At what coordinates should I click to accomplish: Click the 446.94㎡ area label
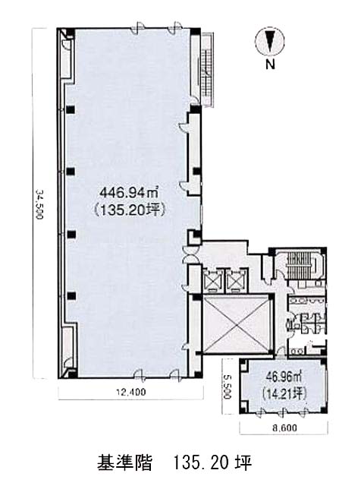[129, 194]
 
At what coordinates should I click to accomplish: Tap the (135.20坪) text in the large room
[130, 210]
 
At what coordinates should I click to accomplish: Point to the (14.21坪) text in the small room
[284, 393]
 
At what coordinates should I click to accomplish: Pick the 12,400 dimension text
[130, 392]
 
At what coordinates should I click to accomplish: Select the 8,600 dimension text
[284, 428]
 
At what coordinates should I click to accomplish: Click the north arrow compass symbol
[270, 41]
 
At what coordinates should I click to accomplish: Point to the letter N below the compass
[270, 65]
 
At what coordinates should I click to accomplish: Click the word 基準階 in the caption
[124, 462]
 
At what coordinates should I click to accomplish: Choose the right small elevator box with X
[236, 280]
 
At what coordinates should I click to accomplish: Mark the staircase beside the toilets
[296, 264]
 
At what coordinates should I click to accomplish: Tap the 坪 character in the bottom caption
[243, 462]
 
